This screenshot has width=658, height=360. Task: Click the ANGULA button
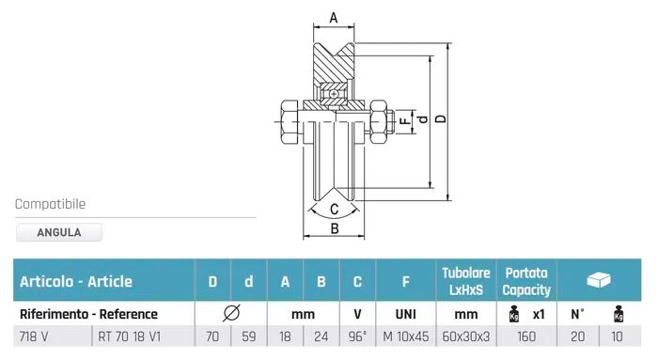click(x=58, y=232)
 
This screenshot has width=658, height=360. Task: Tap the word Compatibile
click(x=50, y=204)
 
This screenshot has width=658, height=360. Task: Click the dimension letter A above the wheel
click(x=334, y=18)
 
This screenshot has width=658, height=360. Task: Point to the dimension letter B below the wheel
click(x=335, y=228)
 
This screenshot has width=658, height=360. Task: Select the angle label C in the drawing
click(x=334, y=209)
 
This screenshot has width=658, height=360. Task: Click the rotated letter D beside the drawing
click(x=441, y=118)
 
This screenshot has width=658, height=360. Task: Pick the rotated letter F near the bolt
click(x=404, y=121)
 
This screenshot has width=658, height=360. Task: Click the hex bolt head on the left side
click(x=290, y=122)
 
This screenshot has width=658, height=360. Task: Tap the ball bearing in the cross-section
click(x=334, y=94)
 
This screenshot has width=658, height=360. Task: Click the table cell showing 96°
click(x=357, y=337)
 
